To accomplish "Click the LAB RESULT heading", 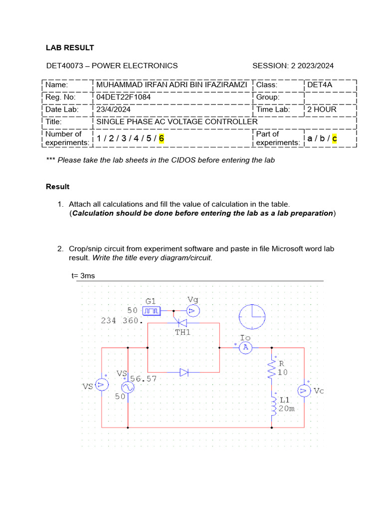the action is [70, 48].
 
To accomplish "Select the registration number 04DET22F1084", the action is [123, 97].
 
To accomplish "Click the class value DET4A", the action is [320, 85].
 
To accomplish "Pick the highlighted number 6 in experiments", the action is [162, 138].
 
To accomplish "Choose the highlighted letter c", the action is [334, 138].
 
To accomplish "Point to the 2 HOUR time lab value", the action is [322, 109].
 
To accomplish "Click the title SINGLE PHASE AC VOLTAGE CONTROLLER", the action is [177, 122].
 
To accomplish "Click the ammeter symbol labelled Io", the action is [245, 348].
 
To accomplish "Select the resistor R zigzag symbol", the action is [272, 370].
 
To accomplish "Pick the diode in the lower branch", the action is [184, 372].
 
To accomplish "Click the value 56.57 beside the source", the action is [144, 379].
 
